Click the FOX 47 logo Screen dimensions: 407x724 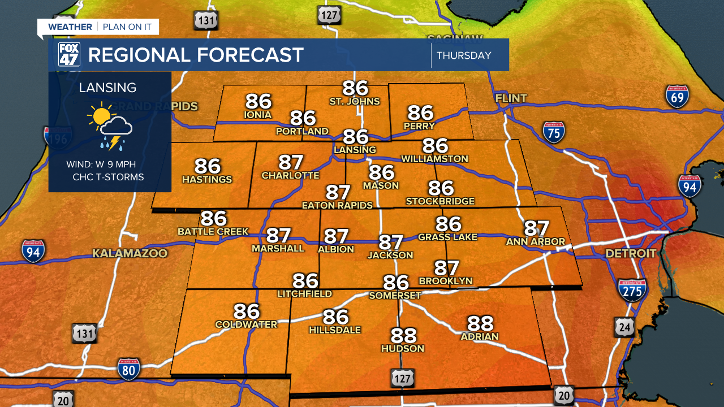[x=70, y=55]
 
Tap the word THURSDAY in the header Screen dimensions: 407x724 [x=464, y=55]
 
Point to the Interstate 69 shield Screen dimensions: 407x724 [x=677, y=97]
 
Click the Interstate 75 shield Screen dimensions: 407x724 [x=554, y=132]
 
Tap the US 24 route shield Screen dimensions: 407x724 [x=623, y=327]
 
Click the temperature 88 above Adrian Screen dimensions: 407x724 [x=480, y=323]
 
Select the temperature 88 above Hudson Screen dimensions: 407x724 [x=403, y=335]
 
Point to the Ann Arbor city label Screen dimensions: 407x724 [x=536, y=241]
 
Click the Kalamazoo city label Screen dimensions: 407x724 [x=130, y=253]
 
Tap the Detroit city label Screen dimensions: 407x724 [x=631, y=253]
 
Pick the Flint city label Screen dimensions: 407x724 [x=511, y=98]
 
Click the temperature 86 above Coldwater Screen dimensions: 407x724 [x=247, y=311]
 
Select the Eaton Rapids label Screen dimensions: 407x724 [x=337, y=205]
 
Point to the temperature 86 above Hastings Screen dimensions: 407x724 [x=207, y=166]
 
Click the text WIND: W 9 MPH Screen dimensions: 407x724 [x=101, y=164]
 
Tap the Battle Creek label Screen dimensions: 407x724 [x=213, y=231]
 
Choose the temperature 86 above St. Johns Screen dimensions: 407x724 [x=355, y=88]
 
